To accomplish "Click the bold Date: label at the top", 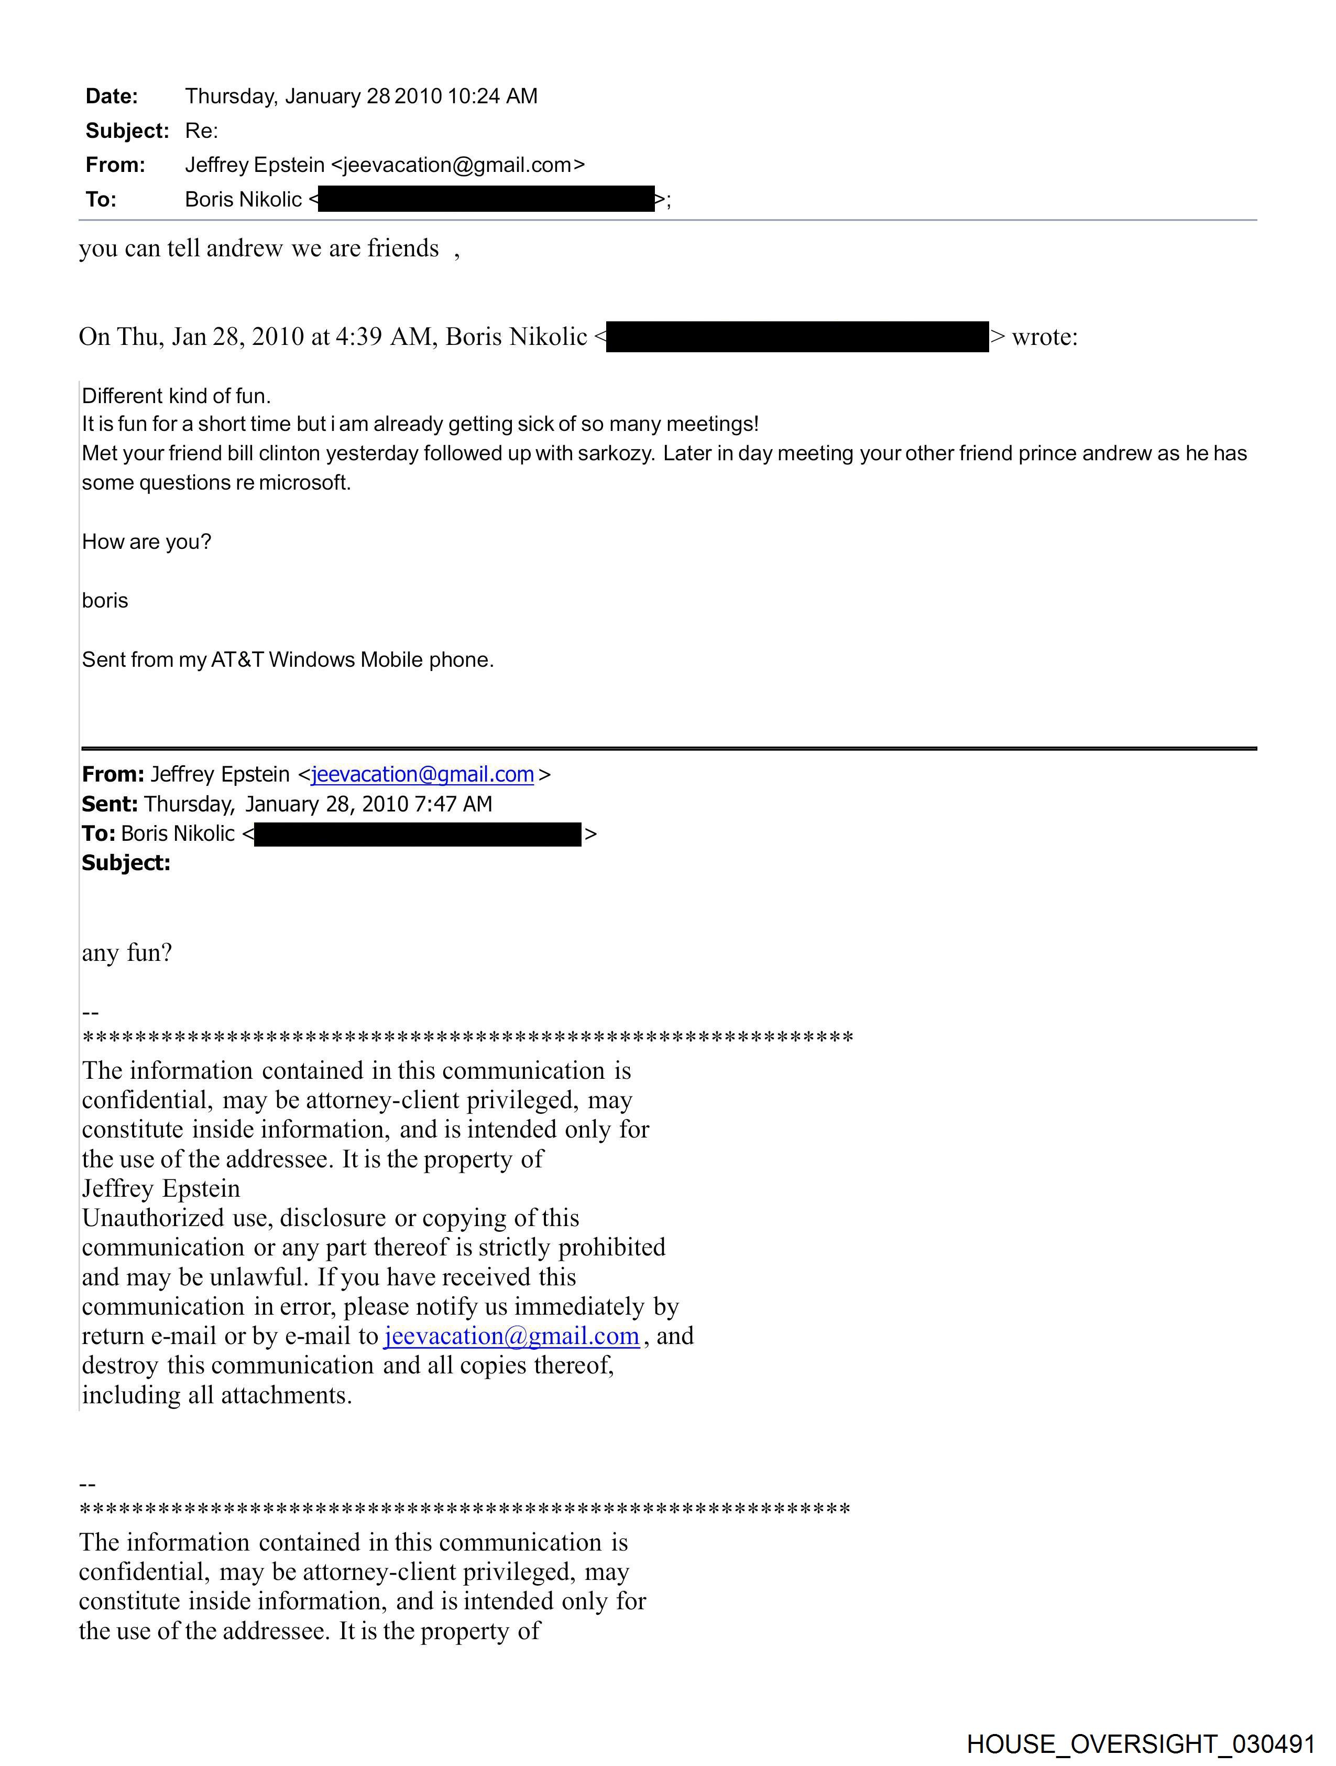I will tap(111, 96).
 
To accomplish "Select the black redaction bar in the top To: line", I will tap(486, 199).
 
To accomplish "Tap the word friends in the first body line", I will tap(402, 248).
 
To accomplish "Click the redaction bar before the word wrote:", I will tap(797, 337).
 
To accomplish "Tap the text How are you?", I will tap(146, 542).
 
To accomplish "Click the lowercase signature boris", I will tap(105, 600).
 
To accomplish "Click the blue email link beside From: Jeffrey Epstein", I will tap(422, 774).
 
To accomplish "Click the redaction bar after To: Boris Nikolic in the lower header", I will tap(418, 835).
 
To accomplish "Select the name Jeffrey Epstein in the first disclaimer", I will tap(160, 1189).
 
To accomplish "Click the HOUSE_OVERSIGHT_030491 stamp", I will tap(1141, 1743).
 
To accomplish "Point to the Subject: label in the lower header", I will tap(126, 863).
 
